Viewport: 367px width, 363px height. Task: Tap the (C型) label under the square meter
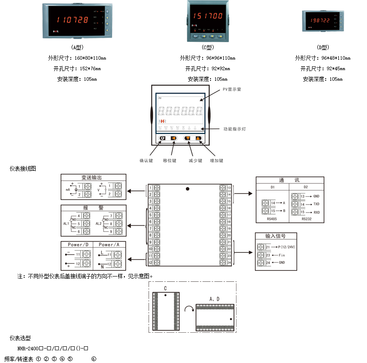click(207, 47)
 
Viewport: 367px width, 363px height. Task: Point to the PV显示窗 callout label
click(232, 89)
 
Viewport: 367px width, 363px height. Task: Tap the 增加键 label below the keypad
click(217, 161)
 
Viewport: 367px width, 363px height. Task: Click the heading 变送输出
click(92, 178)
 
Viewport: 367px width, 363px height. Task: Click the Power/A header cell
click(109, 244)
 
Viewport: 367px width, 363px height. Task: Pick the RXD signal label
click(316, 212)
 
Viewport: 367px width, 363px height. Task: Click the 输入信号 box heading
click(276, 236)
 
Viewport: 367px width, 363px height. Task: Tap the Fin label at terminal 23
click(282, 255)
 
